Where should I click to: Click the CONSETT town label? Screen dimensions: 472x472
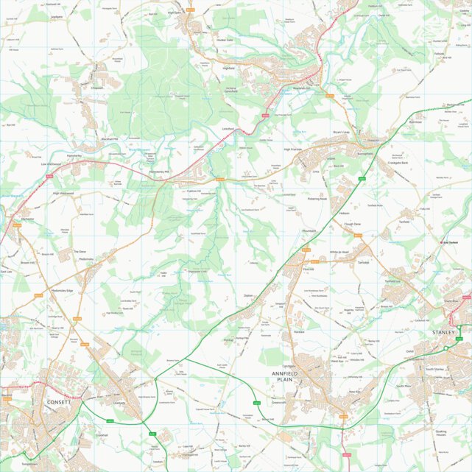click(x=59, y=403)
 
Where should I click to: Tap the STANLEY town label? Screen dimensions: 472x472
click(x=445, y=333)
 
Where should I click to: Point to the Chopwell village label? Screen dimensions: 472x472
click(x=98, y=87)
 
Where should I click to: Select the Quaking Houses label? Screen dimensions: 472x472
click(x=441, y=433)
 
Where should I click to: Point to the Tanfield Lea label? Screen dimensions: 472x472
click(x=391, y=281)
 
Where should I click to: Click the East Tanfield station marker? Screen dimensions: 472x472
click(x=443, y=242)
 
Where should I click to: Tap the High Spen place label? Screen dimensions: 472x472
click(x=175, y=13)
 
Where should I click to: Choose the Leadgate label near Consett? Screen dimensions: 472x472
click(x=119, y=403)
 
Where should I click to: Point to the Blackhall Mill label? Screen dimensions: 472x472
click(x=110, y=139)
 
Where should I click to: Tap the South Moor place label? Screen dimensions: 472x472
click(x=403, y=386)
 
